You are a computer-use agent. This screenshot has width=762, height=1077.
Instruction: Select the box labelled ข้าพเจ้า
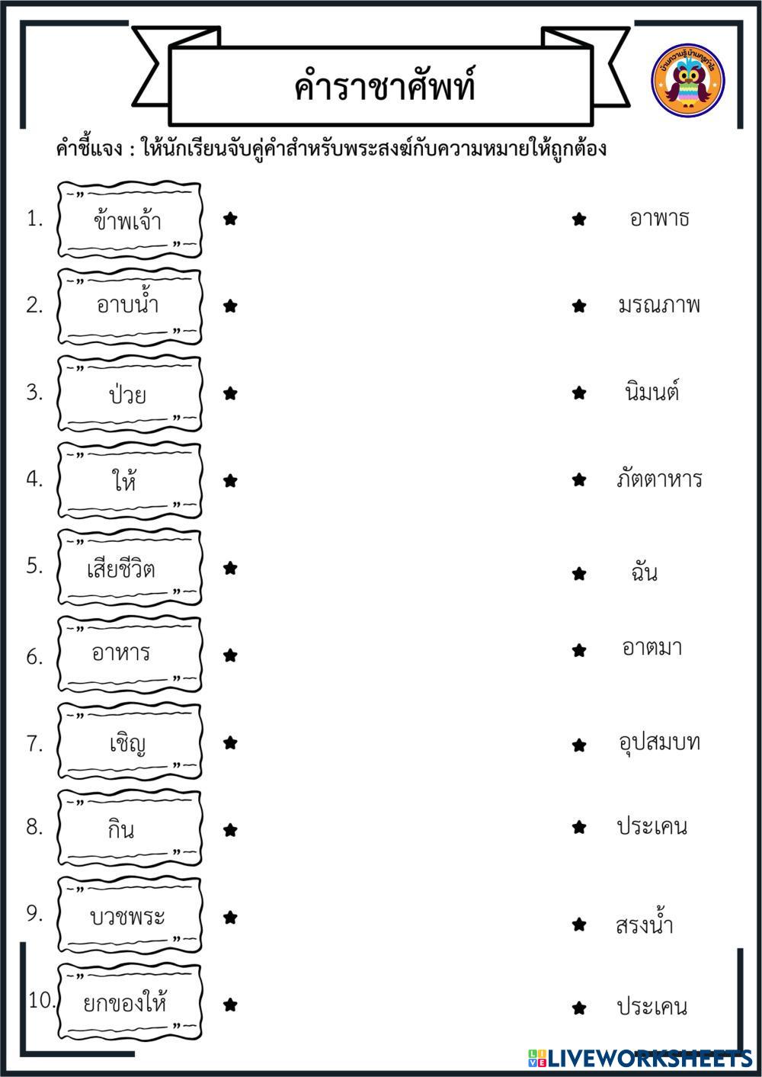(130, 220)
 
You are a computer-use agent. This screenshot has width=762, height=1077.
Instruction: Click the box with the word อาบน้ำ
(130, 306)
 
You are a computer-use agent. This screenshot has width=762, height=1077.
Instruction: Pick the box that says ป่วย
(130, 394)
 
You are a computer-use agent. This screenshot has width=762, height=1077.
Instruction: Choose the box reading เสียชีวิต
(130, 569)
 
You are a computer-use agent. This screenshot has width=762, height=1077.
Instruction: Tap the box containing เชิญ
(130, 742)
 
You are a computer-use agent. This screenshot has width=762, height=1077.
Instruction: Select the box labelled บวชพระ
(130, 916)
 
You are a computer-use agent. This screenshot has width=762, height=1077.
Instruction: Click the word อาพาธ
(659, 219)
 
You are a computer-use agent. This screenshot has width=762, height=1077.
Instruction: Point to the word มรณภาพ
(659, 306)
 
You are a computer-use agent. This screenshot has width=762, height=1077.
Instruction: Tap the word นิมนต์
(652, 393)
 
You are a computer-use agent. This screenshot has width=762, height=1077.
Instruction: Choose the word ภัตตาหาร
(659, 479)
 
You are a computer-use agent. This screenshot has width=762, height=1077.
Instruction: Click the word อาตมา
(652, 648)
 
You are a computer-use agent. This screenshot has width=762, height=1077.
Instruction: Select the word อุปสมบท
(659, 742)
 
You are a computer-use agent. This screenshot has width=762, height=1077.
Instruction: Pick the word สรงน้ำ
(645, 924)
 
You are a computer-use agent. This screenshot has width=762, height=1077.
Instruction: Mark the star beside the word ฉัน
(579, 573)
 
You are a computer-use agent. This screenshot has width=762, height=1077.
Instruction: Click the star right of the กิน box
(230, 830)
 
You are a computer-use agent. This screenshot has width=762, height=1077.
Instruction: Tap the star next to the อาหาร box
(230, 655)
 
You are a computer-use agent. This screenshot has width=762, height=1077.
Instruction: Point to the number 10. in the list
(42, 1001)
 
